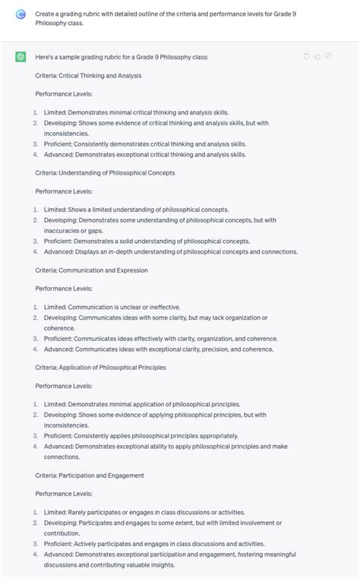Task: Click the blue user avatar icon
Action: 21,14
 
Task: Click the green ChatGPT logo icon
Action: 21,57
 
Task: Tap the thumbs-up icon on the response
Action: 317,56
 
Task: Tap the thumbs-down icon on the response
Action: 328,56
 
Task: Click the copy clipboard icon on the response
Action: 307,56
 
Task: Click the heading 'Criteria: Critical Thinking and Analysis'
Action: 88,75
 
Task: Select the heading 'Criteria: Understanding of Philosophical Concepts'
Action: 105,172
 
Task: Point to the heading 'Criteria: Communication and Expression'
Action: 91,270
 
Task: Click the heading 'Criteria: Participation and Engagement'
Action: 90,475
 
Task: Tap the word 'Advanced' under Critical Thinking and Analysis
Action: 58,154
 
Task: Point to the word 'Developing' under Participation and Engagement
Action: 60,523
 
